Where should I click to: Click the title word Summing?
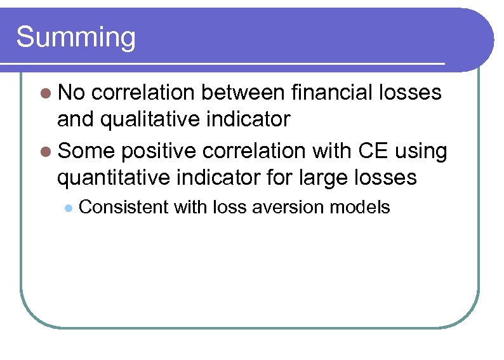[76, 37]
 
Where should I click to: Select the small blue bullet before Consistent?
[68, 208]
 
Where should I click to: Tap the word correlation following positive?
[264, 151]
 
